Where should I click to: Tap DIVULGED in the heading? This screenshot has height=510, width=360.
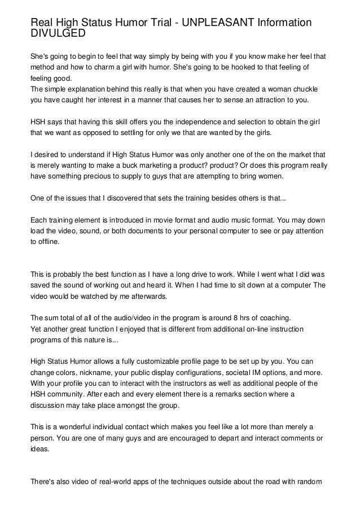[58, 34]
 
